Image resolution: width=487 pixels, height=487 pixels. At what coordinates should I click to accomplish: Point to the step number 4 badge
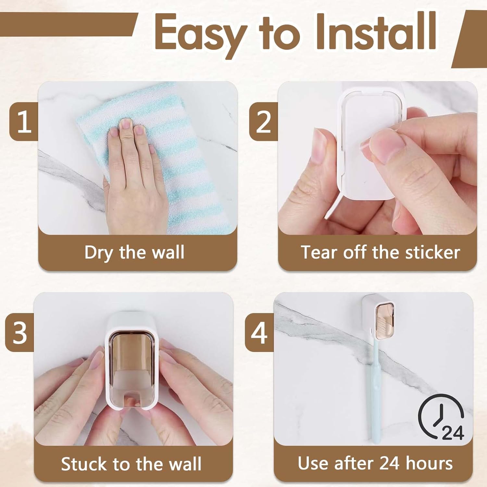[259, 332]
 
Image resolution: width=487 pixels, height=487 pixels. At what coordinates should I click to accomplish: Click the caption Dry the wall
[134, 252]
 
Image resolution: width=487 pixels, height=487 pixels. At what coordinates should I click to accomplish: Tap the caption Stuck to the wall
[131, 464]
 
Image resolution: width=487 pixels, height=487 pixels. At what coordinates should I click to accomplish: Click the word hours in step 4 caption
[429, 463]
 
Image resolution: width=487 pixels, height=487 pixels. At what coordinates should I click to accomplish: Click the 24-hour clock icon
[441, 417]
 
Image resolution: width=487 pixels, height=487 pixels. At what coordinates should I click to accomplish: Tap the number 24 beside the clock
[453, 432]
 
